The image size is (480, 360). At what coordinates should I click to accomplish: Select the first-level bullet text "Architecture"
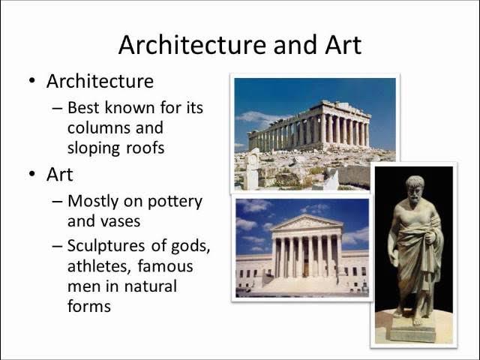tap(100, 81)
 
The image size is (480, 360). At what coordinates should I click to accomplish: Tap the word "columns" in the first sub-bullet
tap(95, 127)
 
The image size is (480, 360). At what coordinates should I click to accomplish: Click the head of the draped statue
tap(414, 190)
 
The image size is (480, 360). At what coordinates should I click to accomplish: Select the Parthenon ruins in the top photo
tap(311, 127)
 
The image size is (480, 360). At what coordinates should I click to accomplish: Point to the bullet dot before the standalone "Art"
tap(31, 175)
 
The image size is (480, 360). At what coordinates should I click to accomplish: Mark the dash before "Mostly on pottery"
tap(58, 201)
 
